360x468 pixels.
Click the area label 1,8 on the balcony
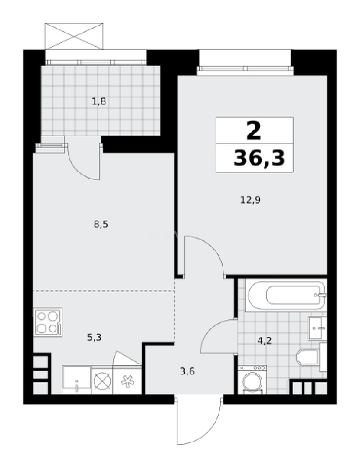tap(99, 102)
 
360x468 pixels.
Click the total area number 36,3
tap(259, 159)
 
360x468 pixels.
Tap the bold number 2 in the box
tap(254, 130)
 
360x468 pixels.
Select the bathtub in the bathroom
tap(285, 296)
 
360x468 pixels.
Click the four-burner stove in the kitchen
tap(48, 322)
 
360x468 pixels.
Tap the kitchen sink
tap(77, 380)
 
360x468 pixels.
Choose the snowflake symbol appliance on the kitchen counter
tap(127, 380)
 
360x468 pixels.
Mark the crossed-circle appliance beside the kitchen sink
tap(102, 380)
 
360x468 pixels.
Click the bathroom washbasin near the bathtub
tap(317, 328)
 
